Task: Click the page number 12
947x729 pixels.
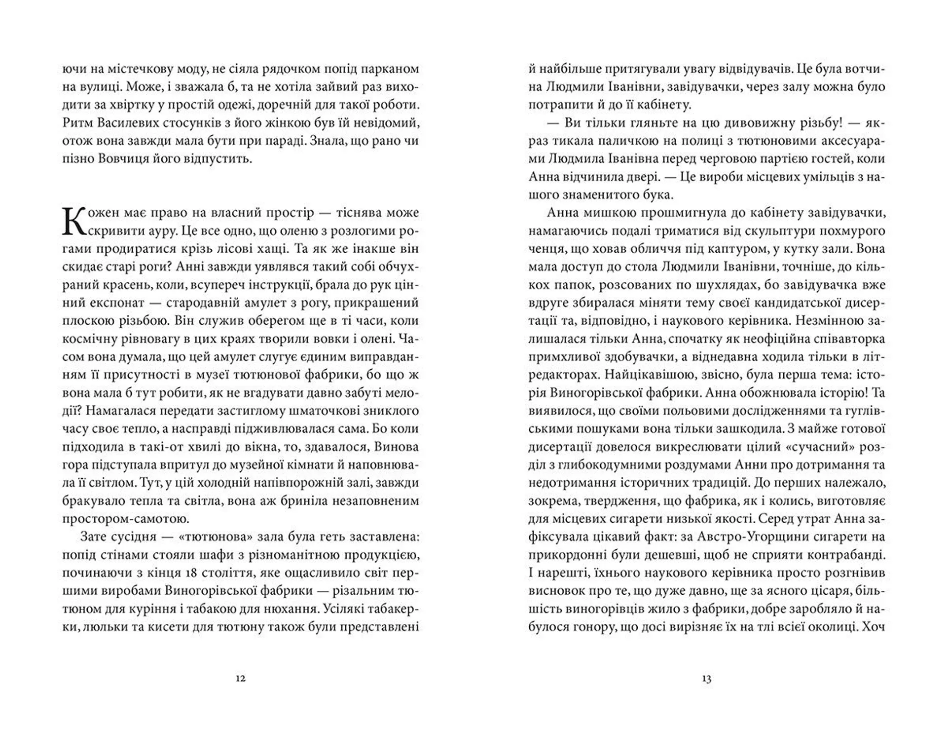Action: pos(240,678)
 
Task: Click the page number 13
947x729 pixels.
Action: pos(706,678)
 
